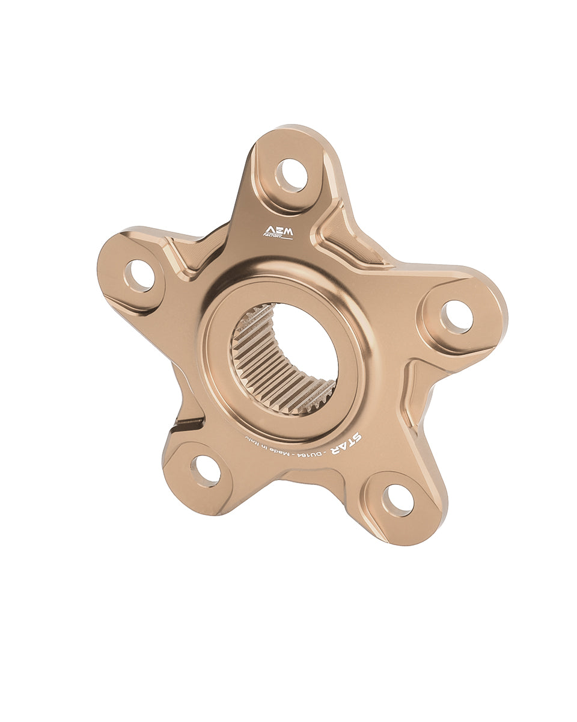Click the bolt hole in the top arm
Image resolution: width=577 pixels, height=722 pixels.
[x=292, y=175]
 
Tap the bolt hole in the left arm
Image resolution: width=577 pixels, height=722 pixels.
[x=139, y=276]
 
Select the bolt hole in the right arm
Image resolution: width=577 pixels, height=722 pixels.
[x=456, y=316]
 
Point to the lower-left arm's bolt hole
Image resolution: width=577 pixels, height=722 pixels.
[x=206, y=471]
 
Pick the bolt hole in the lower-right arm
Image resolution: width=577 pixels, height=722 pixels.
[x=398, y=500]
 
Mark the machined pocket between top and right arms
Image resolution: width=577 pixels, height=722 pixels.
[x=349, y=238]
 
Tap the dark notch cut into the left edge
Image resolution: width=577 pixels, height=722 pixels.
[x=188, y=424]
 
